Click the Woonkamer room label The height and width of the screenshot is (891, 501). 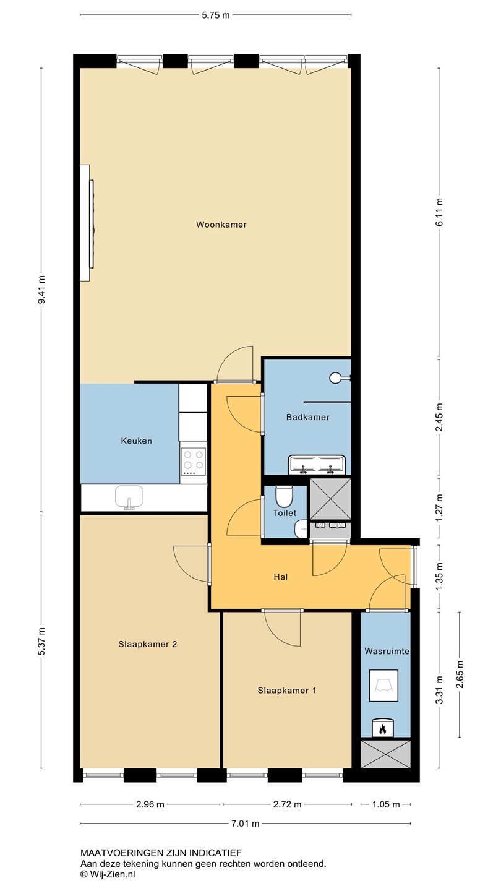pos(221,225)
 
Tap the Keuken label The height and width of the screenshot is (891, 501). pos(136,441)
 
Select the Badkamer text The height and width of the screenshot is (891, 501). pos(308,417)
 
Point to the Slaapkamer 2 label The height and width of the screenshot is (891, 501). pos(147,644)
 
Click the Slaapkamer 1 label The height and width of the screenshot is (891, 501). pos(287,691)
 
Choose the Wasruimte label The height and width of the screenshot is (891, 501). pos(387,651)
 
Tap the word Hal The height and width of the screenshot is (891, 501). pos(280,577)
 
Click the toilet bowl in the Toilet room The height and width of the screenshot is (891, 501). pos(285,495)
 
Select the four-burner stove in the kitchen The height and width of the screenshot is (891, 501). pos(193,462)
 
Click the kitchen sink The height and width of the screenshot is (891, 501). pos(129,497)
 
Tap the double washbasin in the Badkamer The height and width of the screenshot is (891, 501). pos(317,465)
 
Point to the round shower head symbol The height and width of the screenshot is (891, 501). pos(335,377)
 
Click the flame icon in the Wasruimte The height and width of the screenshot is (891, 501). pos(382,728)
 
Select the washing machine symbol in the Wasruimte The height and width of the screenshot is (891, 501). pos(383,686)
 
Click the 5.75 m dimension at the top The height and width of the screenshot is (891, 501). pos(215,15)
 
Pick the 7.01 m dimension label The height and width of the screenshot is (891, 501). pos(245,824)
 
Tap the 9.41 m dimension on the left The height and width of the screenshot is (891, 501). pos(41,289)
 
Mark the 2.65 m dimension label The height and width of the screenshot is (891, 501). pos(460,674)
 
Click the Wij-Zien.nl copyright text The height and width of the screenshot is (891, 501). pos(108,874)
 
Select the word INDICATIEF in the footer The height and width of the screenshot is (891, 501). pos(215,853)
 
